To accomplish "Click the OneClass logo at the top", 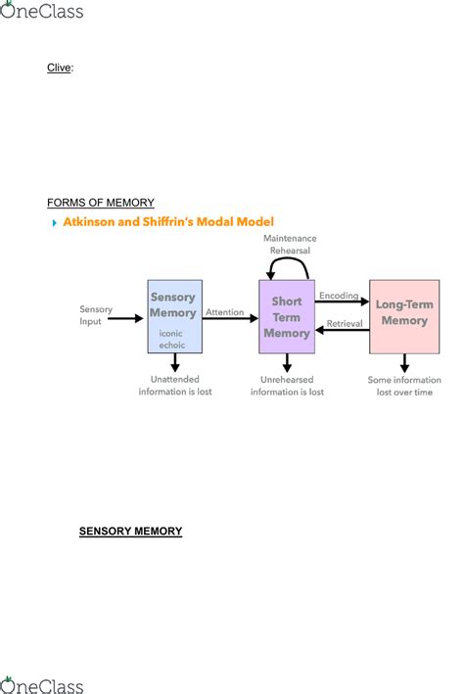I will point(42,11).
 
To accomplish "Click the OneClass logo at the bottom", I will point(42,684).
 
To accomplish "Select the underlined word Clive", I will point(60,69).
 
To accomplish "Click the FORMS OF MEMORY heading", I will point(100,203).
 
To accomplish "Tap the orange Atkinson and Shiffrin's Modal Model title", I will point(168,222).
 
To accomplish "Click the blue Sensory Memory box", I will point(173,316).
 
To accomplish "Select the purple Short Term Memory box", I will point(286,316).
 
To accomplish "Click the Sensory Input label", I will point(96,315).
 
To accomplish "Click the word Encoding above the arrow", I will point(339,294).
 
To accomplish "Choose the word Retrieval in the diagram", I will point(344,322).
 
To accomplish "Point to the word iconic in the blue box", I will point(171,333).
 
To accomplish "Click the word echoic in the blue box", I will point(171,345).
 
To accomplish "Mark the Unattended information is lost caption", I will point(174,386).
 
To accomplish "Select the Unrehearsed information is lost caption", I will point(287,386).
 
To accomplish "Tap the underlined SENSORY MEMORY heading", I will point(130,532).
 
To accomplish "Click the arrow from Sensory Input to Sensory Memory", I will point(128,317).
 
